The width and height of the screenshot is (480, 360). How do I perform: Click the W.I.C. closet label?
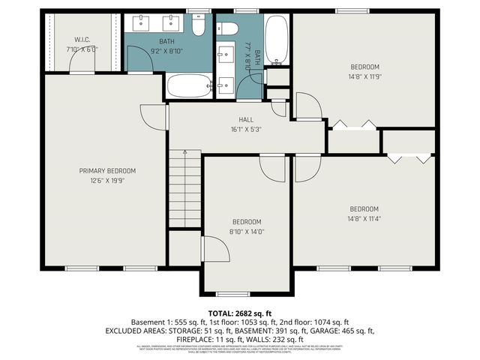82,39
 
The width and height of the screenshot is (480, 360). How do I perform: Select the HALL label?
246,119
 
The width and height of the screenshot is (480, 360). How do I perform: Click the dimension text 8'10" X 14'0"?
246,232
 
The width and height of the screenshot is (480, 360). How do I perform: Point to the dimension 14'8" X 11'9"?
364,76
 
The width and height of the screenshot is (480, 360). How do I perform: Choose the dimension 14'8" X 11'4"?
364,219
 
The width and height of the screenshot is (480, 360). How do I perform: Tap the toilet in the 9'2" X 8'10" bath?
199,27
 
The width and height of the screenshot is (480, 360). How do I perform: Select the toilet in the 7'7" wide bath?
229,29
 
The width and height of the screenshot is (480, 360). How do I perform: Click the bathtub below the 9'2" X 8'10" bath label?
190,85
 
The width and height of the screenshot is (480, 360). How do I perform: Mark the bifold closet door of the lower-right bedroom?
409,157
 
